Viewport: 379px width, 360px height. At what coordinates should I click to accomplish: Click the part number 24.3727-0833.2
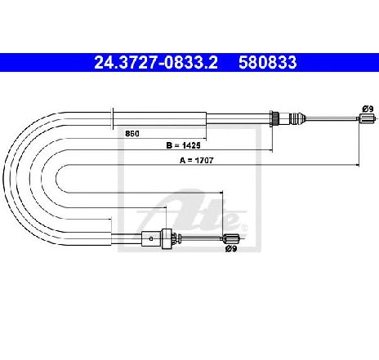[156, 62]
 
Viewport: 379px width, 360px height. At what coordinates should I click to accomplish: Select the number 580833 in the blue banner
[268, 62]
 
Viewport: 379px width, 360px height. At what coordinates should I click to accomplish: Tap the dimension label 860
[132, 134]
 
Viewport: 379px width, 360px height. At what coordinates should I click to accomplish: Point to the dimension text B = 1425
[183, 145]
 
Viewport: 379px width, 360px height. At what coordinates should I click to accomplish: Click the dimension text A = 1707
[197, 160]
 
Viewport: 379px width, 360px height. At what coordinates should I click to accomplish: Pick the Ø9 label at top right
[368, 109]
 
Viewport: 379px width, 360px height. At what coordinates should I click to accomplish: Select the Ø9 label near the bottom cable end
[231, 248]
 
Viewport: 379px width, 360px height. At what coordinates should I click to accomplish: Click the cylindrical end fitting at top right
[367, 118]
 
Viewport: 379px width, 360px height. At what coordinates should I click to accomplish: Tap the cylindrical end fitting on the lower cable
[231, 238]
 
